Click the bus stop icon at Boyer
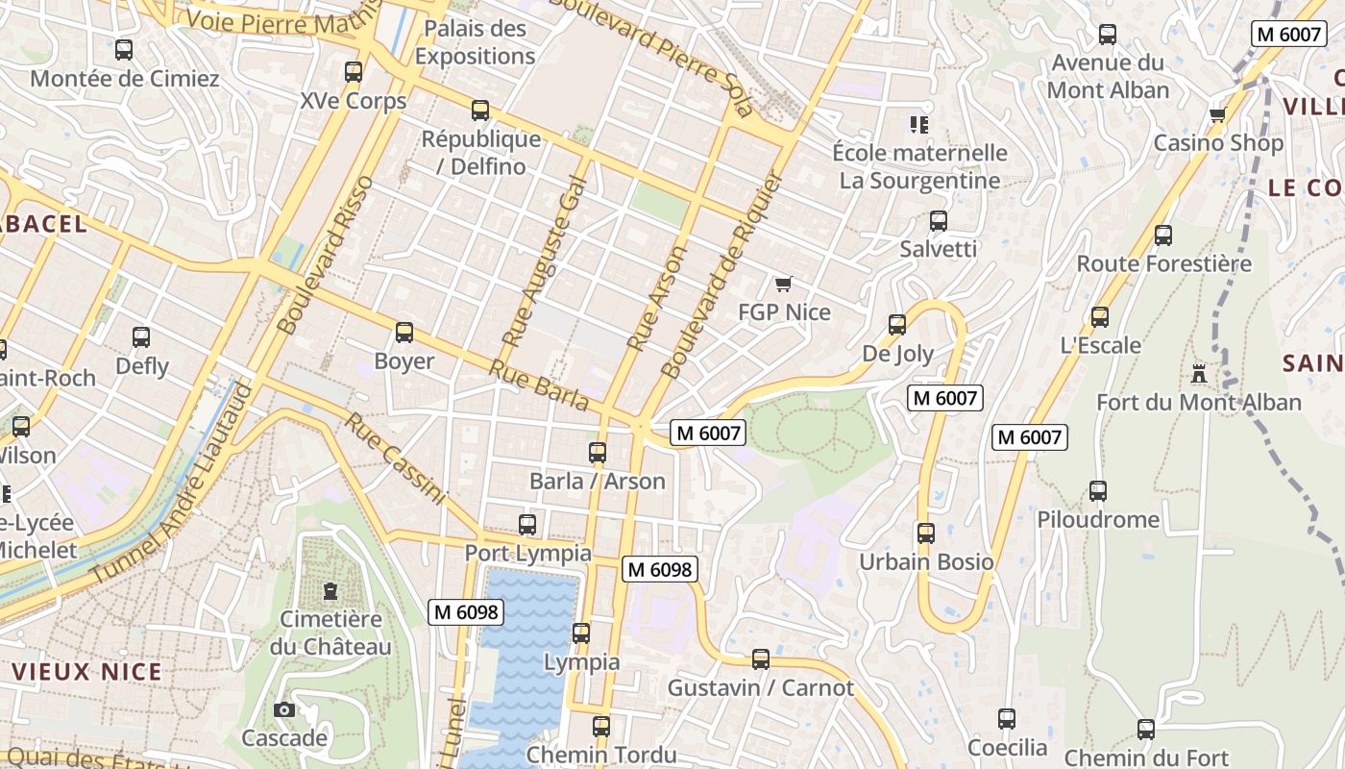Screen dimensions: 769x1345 (x=404, y=333)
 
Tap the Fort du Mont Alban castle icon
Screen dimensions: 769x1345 (x=1198, y=373)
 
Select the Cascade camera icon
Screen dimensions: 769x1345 (x=284, y=709)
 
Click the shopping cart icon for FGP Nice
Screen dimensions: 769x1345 (x=784, y=284)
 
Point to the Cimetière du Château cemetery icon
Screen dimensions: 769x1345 (x=330, y=590)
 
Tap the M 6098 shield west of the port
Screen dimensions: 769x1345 (x=467, y=611)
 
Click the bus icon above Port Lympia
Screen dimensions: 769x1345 (x=527, y=524)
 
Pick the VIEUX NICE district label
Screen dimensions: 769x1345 (x=88, y=671)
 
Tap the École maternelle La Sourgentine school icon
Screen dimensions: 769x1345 (x=919, y=124)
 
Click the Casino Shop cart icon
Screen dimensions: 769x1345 (x=1217, y=114)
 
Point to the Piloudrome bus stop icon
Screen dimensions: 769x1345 (x=1098, y=491)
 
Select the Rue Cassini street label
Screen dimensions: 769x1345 (x=396, y=459)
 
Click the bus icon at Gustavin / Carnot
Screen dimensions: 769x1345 (x=761, y=659)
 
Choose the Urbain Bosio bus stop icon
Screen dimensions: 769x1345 (x=926, y=533)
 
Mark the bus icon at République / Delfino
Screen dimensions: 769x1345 (x=480, y=111)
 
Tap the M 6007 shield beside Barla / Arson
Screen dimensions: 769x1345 (x=709, y=433)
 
